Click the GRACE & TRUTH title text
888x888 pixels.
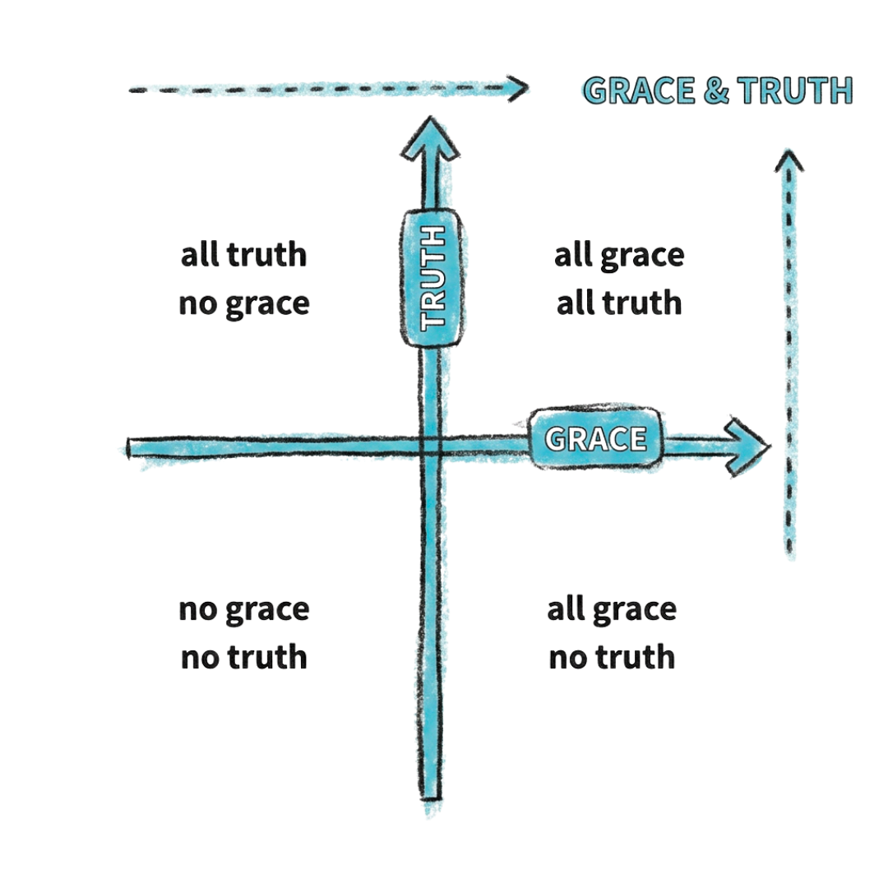coord(718,90)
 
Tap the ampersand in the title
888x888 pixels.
coord(716,91)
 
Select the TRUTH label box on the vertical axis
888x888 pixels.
coord(432,278)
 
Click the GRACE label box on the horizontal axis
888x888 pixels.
coord(595,437)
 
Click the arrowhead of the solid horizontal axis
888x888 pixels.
coord(747,446)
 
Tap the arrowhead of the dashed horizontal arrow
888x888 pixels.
coord(518,88)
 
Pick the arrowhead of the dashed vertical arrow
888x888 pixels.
coord(789,160)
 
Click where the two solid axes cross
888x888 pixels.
coord(431,446)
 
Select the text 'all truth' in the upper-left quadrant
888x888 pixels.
coord(243,255)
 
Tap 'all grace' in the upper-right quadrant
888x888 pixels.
coord(619,256)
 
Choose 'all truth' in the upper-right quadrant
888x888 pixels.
coord(619,303)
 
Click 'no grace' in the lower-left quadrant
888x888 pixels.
coord(244,610)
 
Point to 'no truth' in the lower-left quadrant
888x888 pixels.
coord(244,658)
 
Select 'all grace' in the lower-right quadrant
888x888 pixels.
coord(612,610)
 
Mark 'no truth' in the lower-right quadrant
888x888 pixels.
coord(612,658)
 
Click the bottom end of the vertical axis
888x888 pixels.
coord(431,798)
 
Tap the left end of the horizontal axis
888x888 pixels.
coord(129,448)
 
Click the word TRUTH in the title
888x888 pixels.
coord(795,90)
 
